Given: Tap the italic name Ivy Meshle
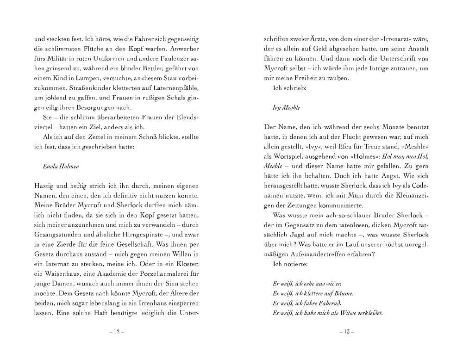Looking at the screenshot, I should (287, 107).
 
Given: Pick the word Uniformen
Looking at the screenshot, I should (107, 59).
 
